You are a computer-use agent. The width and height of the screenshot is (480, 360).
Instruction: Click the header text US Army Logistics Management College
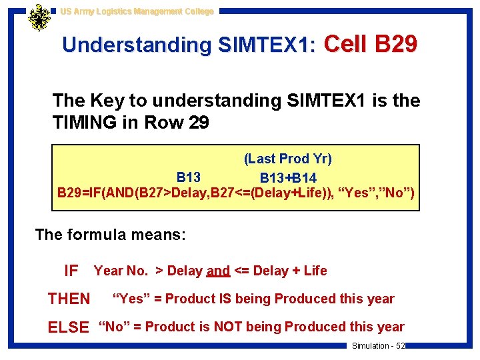coord(137,11)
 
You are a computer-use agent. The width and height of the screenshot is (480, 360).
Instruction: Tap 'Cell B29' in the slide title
coord(371,44)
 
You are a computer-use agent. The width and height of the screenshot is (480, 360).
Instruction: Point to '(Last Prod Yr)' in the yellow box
coord(287,159)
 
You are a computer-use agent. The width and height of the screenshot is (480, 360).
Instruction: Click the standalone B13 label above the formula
coord(189,177)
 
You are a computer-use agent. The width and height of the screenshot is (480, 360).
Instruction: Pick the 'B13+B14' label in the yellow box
coord(288,178)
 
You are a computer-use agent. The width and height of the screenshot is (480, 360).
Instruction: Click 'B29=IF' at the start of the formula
coord(79,194)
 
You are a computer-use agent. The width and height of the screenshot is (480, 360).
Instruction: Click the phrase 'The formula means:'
coord(111,235)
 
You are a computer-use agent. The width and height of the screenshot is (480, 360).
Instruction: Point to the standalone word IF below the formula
coord(71,271)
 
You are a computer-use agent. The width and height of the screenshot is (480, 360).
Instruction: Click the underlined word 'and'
coord(218,271)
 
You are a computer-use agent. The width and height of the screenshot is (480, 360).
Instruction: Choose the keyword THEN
coord(69,299)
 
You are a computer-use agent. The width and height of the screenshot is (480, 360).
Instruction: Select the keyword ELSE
coord(68,327)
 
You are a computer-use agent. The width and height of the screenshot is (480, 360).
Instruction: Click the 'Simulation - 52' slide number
coord(378,345)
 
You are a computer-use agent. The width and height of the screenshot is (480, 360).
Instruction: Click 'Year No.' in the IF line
coord(121,271)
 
